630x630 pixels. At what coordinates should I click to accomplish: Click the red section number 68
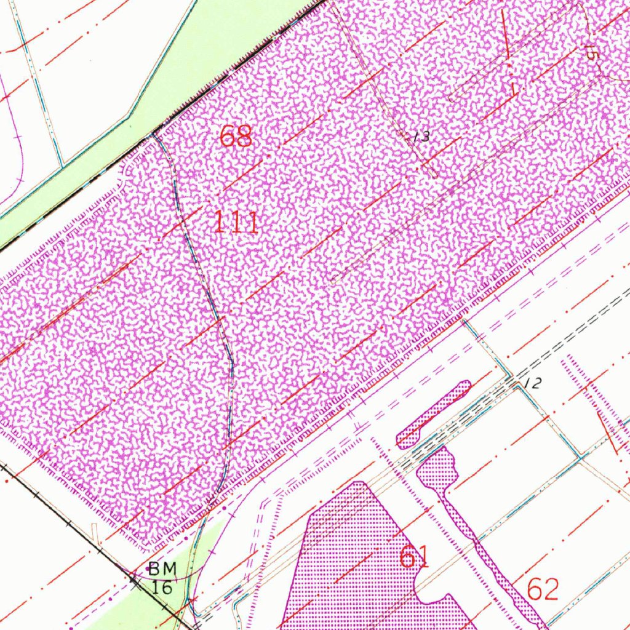236,136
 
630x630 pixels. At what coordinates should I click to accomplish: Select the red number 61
414,557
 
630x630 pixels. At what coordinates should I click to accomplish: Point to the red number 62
543,589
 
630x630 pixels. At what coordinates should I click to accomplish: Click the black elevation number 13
421,137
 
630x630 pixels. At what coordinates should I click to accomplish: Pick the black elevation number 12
534,384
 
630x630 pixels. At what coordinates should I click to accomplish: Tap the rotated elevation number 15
590,52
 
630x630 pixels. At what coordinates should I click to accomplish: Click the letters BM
162,569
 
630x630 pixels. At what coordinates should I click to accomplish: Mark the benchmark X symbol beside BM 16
134,578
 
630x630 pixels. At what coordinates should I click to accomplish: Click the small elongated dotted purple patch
434,414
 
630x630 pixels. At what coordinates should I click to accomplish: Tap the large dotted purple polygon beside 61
351,554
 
